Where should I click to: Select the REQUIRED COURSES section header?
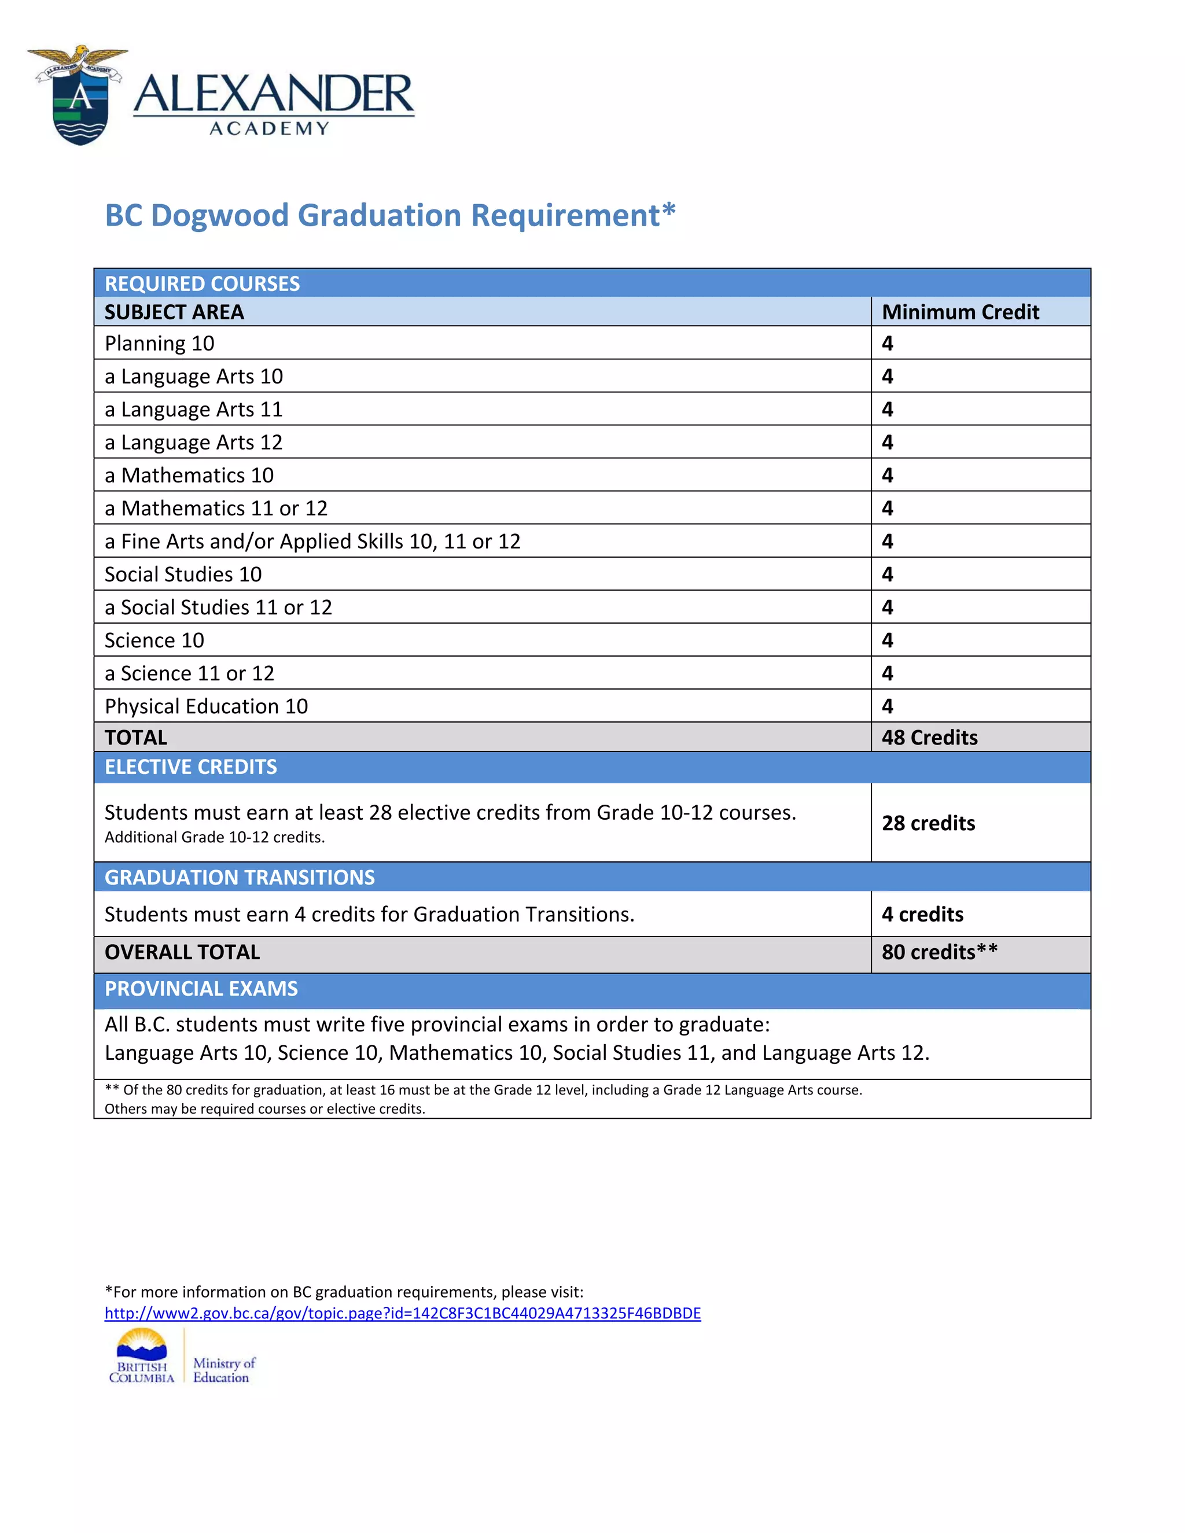pos(202,283)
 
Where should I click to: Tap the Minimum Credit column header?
pos(960,312)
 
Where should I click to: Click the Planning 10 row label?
pos(159,343)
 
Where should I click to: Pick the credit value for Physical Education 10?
pos(888,706)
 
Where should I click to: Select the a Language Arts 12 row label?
pos(193,442)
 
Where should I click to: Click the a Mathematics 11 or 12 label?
pos(215,508)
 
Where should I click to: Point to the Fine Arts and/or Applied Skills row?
pos(312,541)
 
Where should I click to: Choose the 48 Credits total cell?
pos(929,737)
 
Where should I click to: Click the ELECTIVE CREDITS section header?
pos(190,766)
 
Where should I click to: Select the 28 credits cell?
pos(928,823)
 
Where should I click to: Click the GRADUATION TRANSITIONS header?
pos(240,878)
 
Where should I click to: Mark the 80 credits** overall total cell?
pos(939,952)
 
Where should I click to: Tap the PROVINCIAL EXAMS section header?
pos(201,988)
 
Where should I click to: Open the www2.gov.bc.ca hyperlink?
pos(402,1313)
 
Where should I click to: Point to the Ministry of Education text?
pos(223,1369)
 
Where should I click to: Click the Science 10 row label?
pos(154,640)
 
